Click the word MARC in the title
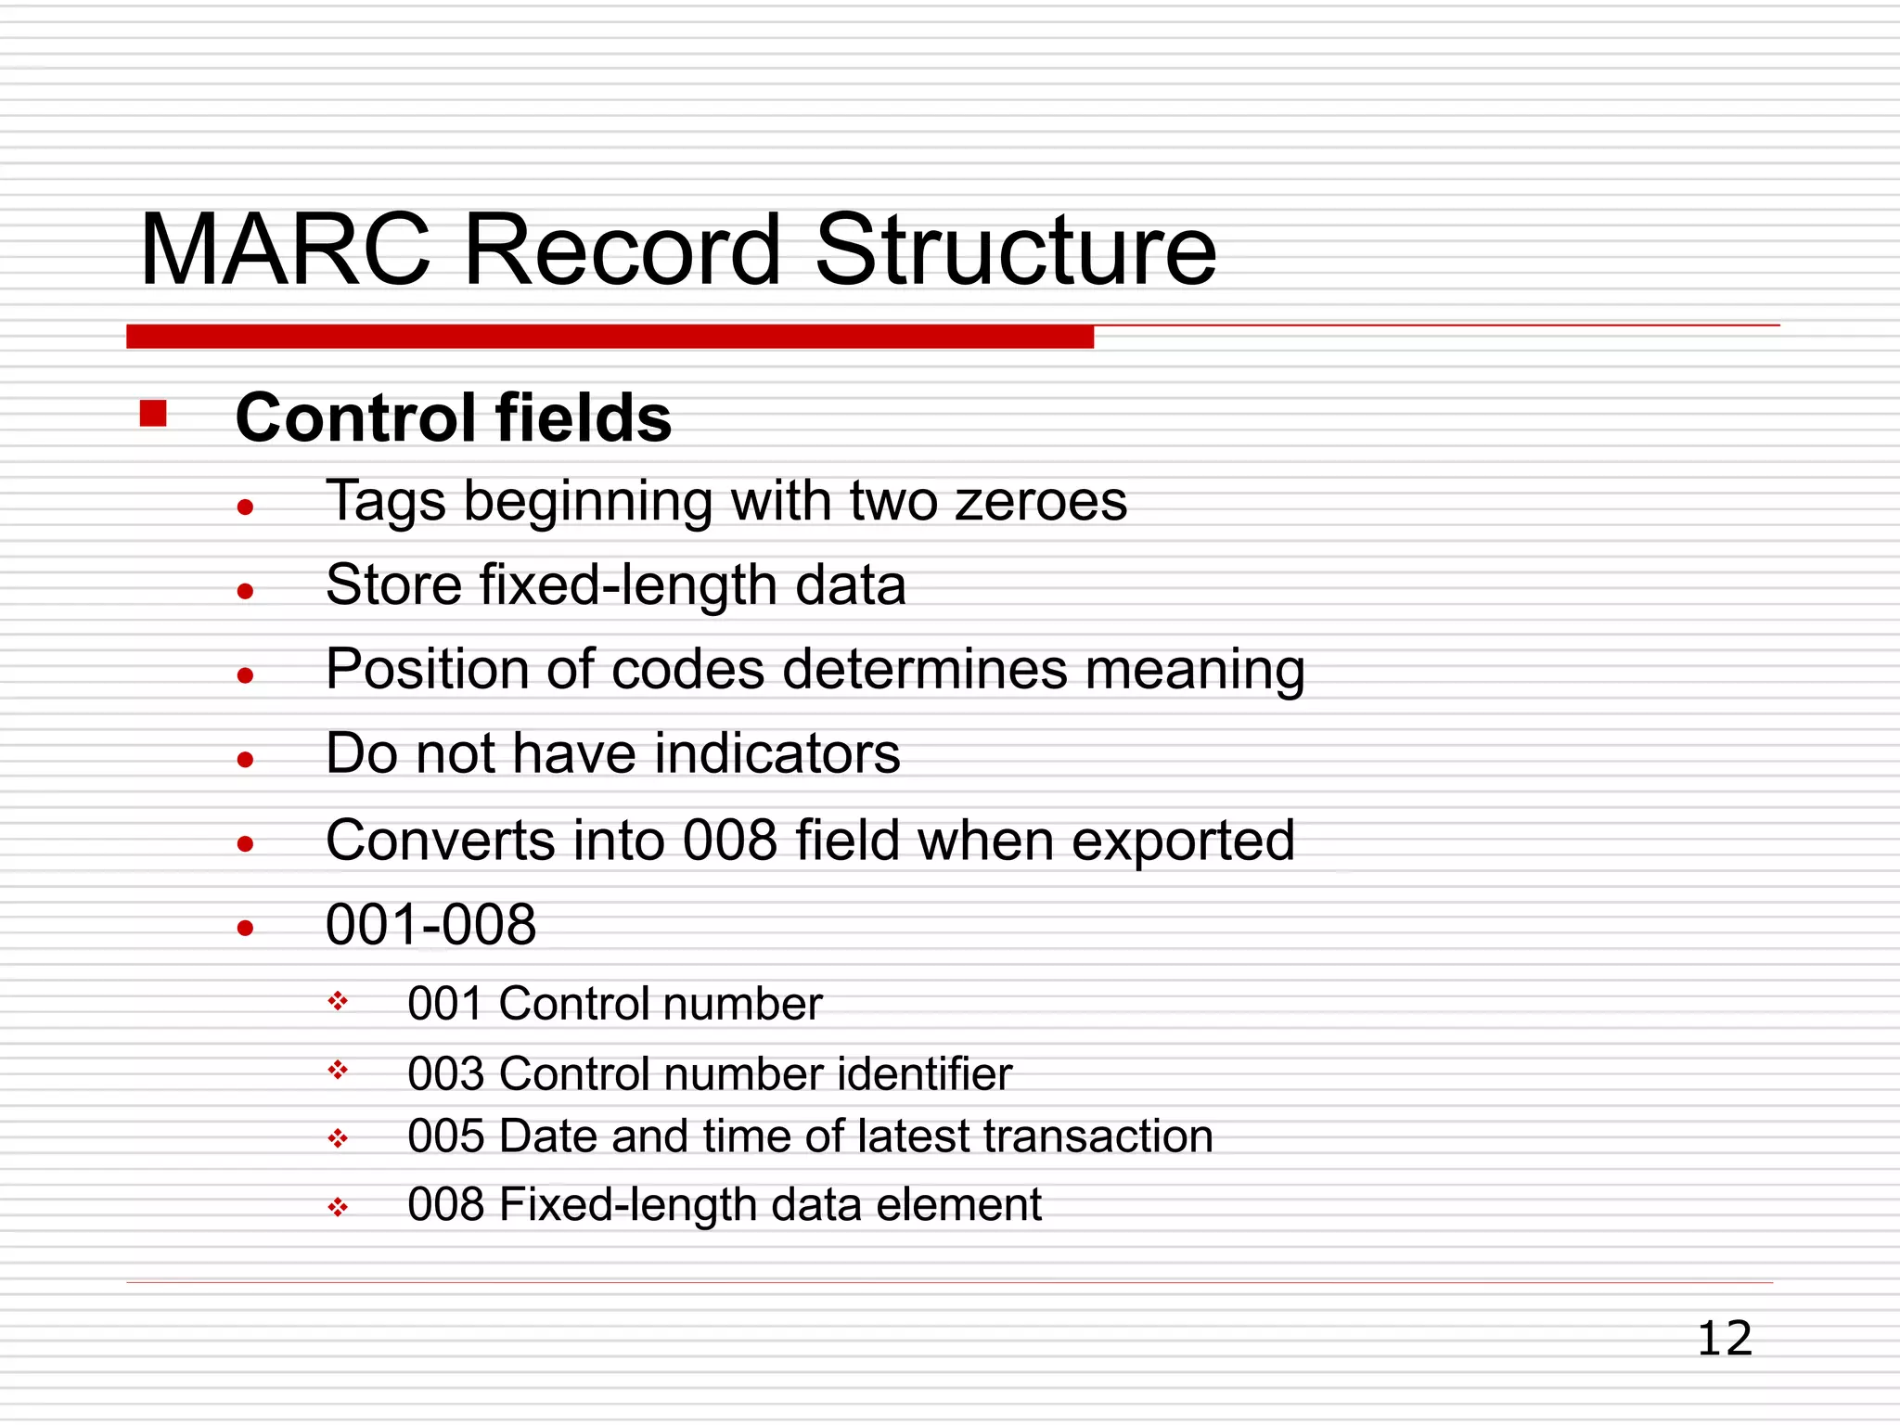(x=285, y=250)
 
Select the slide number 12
(x=1724, y=1339)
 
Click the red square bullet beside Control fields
(x=153, y=413)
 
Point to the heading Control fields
(x=453, y=418)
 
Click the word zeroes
(x=1041, y=501)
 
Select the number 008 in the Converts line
(x=729, y=841)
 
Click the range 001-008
(x=430, y=925)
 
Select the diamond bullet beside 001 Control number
(x=338, y=1001)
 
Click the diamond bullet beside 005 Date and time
(x=338, y=1138)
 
